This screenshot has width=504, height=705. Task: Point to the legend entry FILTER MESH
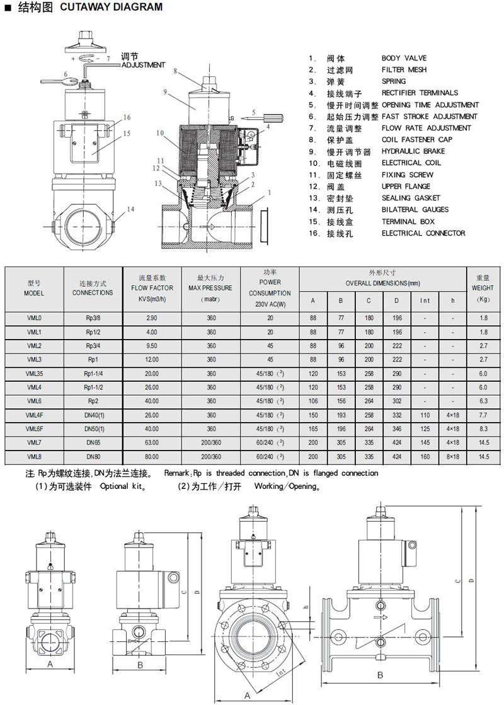404,70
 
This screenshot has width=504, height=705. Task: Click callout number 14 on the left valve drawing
130,209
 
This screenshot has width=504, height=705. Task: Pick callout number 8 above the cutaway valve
176,71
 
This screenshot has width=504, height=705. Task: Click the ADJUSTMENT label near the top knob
144,65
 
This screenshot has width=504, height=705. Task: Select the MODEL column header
34,289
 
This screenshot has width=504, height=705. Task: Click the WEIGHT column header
483,288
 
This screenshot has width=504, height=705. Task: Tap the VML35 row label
34,374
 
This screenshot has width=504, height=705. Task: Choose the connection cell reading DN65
93,443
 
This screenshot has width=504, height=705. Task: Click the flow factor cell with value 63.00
152,443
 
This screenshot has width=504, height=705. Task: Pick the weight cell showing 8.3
483,429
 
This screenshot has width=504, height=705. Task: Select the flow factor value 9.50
152,346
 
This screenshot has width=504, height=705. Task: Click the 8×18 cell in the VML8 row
452,457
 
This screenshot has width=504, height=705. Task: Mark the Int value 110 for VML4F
425,415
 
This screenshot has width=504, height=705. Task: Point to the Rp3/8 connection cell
93,318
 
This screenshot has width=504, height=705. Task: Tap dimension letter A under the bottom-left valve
50,665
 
